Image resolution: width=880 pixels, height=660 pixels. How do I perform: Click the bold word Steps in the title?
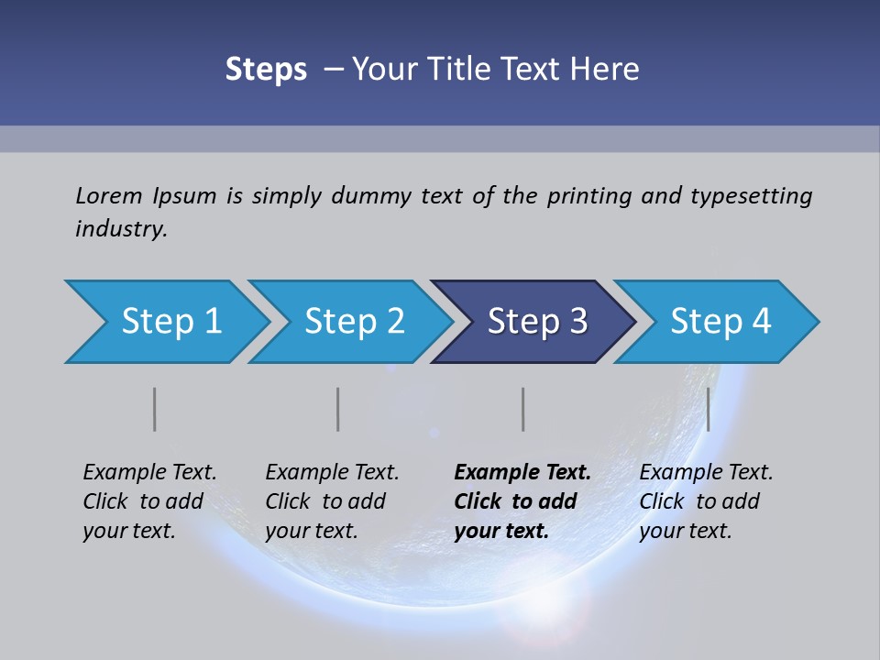click(x=266, y=70)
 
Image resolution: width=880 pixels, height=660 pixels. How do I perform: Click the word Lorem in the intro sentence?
click(x=106, y=196)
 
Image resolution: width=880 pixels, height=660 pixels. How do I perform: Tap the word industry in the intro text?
click(x=120, y=228)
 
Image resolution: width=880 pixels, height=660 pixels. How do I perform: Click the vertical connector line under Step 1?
click(x=155, y=409)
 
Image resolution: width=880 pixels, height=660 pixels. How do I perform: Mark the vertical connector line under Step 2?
click(x=338, y=409)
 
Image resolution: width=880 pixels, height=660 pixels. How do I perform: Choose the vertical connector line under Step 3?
click(x=523, y=409)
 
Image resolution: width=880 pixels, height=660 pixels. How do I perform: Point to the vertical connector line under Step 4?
click(x=709, y=409)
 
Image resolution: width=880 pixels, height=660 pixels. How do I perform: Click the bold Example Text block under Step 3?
click(x=522, y=501)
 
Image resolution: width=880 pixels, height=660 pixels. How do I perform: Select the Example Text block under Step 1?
click(x=149, y=501)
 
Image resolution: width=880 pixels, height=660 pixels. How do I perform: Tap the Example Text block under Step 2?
click(x=332, y=501)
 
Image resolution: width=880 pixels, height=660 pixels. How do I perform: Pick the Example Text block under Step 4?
click(x=706, y=501)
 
